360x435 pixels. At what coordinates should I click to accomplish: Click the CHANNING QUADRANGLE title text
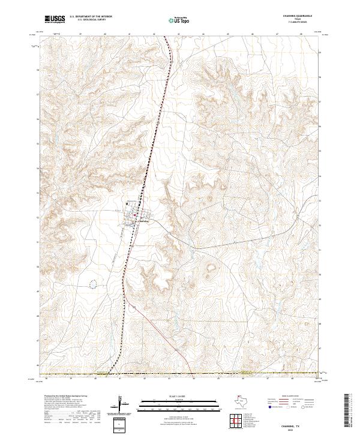298,16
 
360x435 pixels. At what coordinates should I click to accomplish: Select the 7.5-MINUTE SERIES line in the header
298,23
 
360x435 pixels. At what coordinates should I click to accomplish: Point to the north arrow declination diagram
119,404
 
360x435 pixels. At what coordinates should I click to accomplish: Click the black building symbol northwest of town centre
127,205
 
